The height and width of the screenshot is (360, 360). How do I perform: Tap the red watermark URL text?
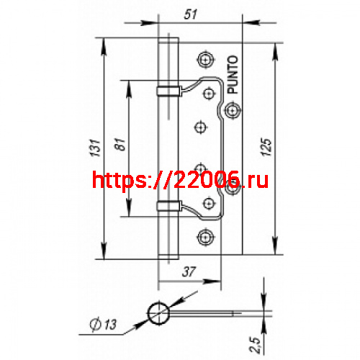click(181, 179)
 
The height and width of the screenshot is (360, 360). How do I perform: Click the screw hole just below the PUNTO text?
click(231, 109)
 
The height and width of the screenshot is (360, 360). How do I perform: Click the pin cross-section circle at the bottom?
click(157, 313)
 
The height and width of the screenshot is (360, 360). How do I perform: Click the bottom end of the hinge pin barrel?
click(166, 258)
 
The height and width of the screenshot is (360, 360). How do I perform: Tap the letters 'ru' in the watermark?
click(256, 180)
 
